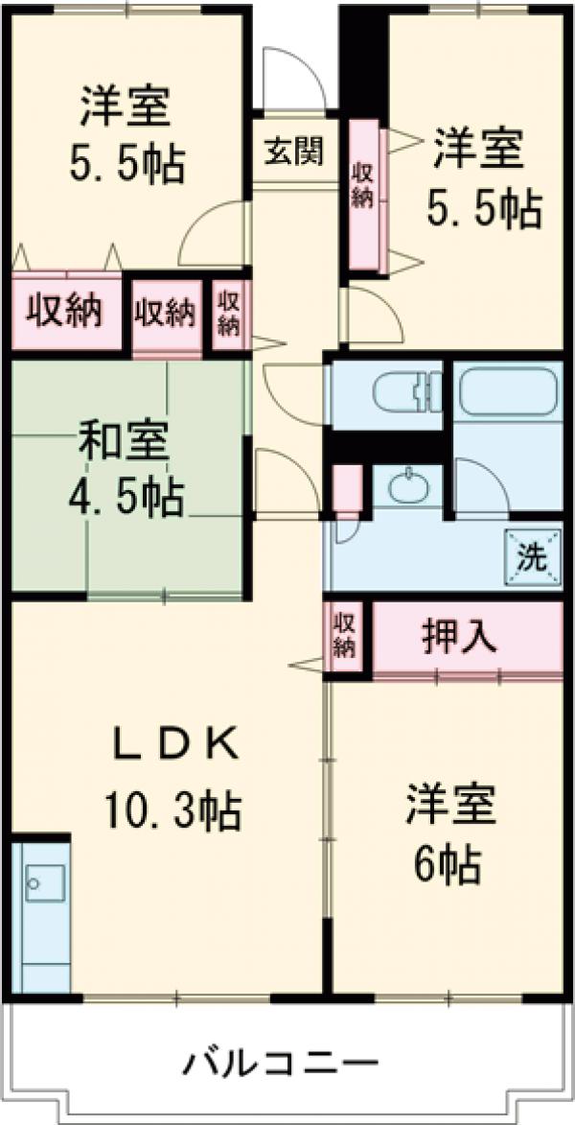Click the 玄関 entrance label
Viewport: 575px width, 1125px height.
(x=294, y=151)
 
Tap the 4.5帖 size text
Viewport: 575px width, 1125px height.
(x=126, y=496)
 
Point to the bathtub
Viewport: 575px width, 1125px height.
(x=507, y=390)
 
